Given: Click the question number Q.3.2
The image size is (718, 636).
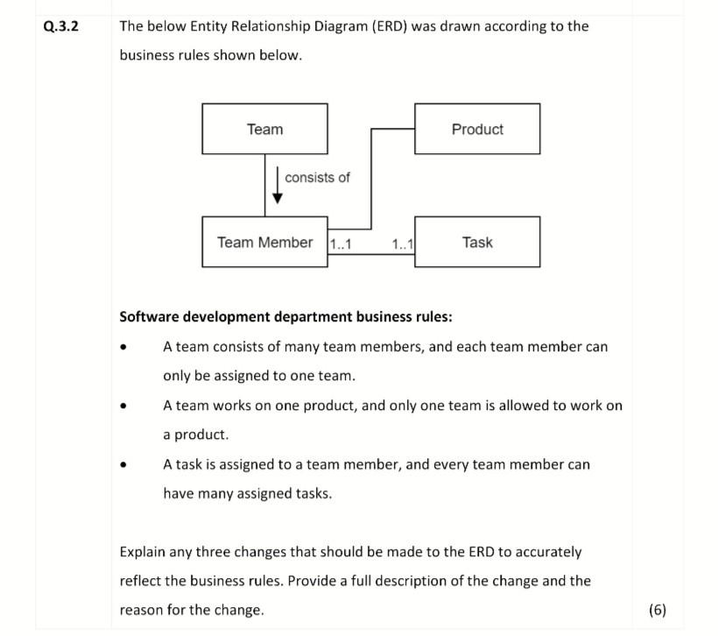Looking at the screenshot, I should [60, 25].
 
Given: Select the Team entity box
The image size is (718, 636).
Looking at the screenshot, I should [264, 129].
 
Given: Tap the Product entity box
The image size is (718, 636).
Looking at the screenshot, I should [477, 129].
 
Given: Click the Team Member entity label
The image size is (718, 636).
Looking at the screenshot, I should [264, 242].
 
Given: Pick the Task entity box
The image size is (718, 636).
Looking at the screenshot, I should [477, 242].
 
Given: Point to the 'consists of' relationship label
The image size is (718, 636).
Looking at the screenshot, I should [317, 178].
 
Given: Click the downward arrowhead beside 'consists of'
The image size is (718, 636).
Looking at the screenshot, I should [278, 197].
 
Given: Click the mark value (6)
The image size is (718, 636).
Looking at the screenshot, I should [658, 610].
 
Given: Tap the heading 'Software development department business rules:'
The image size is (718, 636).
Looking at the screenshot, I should [285, 316].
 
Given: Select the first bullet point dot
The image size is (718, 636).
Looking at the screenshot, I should [129, 348].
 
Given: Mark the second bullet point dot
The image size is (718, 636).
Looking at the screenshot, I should [129, 407].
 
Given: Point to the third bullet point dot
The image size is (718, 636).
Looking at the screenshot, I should [129, 466].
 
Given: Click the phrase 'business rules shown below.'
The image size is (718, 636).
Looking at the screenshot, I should [210, 55].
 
